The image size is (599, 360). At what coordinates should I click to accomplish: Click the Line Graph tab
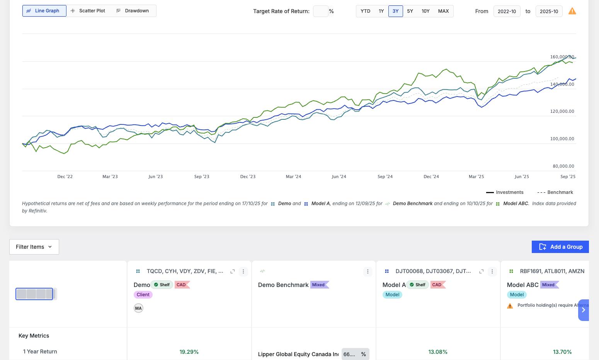click(44, 11)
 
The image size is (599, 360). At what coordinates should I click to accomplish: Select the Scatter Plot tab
click(88, 11)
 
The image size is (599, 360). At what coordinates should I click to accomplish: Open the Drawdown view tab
click(133, 11)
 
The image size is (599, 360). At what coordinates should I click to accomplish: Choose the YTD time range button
click(365, 11)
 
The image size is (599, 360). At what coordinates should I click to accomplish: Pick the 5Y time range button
click(410, 11)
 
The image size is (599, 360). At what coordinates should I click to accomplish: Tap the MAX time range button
click(443, 11)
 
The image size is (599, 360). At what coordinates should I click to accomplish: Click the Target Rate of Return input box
click(321, 11)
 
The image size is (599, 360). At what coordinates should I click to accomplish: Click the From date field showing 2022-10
click(507, 11)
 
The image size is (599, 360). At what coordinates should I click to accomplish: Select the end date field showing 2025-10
click(549, 11)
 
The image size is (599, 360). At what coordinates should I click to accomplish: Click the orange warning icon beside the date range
click(572, 11)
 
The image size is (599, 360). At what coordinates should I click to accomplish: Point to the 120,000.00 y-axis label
click(562, 112)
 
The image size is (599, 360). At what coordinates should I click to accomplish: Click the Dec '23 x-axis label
click(248, 177)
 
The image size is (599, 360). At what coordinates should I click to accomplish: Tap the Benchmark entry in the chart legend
click(555, 192)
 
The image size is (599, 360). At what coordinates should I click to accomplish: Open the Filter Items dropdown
click(34, 247)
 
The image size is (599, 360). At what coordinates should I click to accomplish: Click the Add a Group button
click(560, 247)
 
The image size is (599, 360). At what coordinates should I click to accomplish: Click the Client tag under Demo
click(143, 294)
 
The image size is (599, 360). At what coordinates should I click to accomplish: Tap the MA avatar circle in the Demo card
click(138, 308)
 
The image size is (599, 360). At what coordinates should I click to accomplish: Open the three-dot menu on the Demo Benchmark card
click(368, 272)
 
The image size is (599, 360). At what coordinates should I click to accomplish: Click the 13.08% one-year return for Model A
click(438, 352)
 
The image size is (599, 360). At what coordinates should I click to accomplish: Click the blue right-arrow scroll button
click(584, 310)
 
